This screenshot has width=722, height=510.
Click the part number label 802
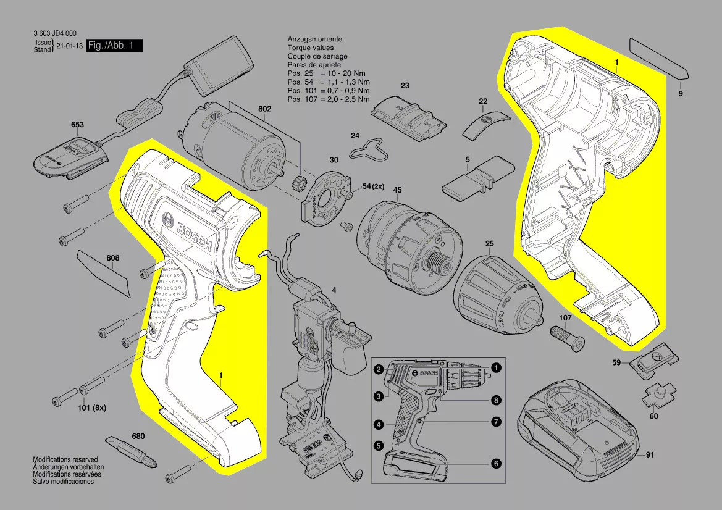click(x=264, y=109)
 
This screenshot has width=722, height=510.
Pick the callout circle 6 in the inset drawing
click(x=495, y=462)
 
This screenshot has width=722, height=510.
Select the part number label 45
click(x=397, y=190)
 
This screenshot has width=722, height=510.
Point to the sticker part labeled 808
click(x=105, y=273)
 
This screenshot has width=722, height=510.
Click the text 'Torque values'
click(x=310, y=48)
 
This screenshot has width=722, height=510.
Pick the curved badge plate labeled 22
click(x=487, y=123)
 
